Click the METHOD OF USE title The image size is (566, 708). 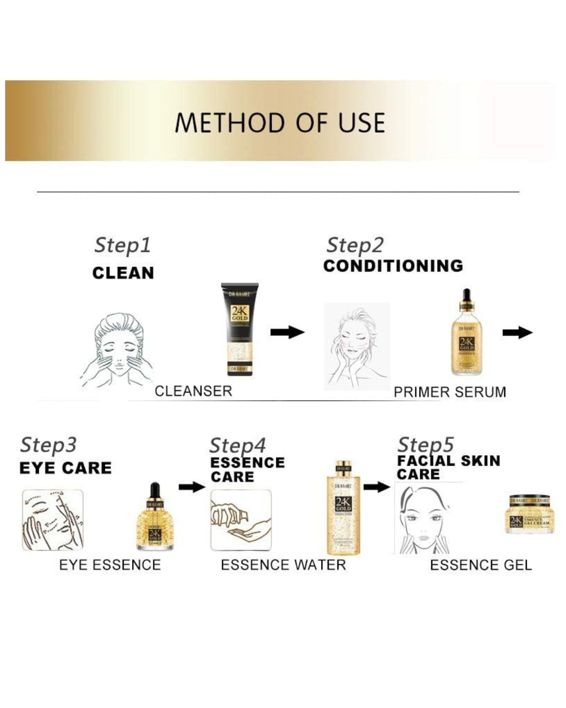tap(280, 123)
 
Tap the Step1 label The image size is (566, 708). tap(122, 245)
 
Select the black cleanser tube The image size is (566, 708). tap(240, 330)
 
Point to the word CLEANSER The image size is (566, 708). tap(193, 391)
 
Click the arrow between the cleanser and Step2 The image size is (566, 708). tap(287, 332)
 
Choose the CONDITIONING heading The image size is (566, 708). tap(393, 266)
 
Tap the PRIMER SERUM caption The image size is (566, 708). tap(450, 392)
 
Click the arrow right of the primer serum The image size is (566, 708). tap(517, 332)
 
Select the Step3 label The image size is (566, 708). tap(48, 445)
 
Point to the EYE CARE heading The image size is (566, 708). tap(66, 468)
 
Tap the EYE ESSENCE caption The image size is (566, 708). tap(110, 565)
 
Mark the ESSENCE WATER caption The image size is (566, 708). tap(283, 565)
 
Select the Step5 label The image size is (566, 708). tap(426, 445)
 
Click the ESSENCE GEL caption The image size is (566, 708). tap(481, 565)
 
